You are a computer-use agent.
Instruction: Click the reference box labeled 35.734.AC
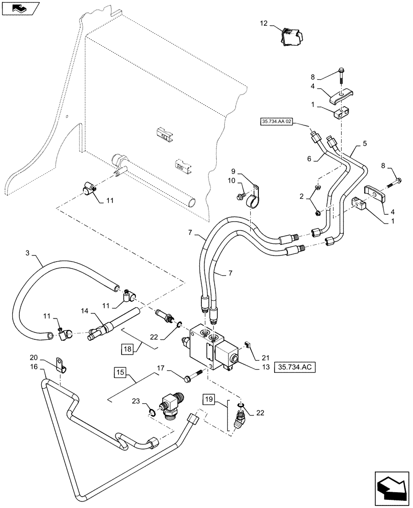pos(296,366)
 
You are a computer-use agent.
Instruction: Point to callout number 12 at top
pos(263,23)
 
